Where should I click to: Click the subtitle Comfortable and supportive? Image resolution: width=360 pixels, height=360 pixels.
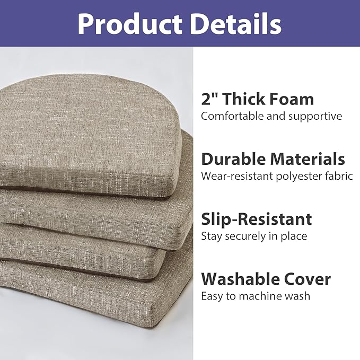click(271, 116)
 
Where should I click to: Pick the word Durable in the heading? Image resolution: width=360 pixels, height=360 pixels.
click(233, 159)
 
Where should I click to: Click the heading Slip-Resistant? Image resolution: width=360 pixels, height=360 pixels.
click(256, 219)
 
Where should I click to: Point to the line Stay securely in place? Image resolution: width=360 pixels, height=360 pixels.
click(254, 236)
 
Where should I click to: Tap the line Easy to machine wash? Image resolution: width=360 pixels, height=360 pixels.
click(256, 296)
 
